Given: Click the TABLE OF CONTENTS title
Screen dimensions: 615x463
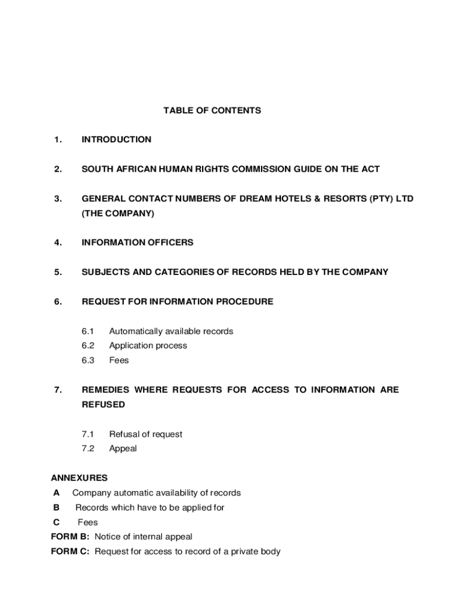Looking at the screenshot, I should point(212,111).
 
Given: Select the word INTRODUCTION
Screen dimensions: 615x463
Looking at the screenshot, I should point(116,140).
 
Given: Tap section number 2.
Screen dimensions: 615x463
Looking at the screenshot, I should point(57,169).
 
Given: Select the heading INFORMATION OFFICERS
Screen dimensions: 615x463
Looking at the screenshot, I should point(137,243).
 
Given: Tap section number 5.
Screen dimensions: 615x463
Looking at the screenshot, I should point(57,272).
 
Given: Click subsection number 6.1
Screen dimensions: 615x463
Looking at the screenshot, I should point(88,331).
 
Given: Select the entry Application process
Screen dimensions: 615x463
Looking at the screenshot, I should point(148,345).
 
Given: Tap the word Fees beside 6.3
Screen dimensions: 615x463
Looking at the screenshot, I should point(118,360).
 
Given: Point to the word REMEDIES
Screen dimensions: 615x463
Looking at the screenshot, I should point(105,390).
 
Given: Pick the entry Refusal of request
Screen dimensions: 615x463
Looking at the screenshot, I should point(146,434).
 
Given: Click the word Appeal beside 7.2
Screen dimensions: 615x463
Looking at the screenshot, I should point(123,448).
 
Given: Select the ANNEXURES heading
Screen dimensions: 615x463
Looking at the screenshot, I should point(79,478).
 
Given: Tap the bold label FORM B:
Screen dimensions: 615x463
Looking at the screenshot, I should point(70,536).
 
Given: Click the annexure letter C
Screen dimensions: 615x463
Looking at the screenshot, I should point(57,522).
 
